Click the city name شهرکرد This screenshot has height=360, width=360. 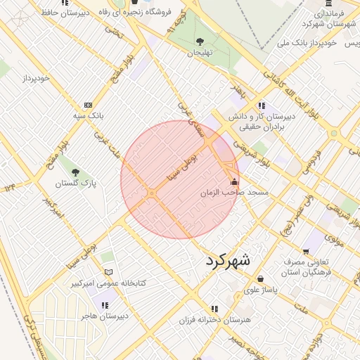[229, 260]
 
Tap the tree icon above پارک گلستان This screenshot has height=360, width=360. [76, 172]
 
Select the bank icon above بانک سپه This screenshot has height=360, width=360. [88, 104]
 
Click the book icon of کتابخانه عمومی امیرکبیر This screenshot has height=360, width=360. [108, 272]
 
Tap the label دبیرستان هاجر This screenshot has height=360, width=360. [103, 316]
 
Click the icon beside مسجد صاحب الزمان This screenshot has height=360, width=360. [234, 182]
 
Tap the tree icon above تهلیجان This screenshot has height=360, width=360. [200, 41]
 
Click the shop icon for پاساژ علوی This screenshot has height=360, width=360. [260, 278]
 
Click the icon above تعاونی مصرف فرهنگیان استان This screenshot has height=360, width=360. [306, 251]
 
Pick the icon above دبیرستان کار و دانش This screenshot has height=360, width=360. [262, 105]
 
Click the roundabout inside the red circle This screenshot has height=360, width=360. [151, 193]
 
